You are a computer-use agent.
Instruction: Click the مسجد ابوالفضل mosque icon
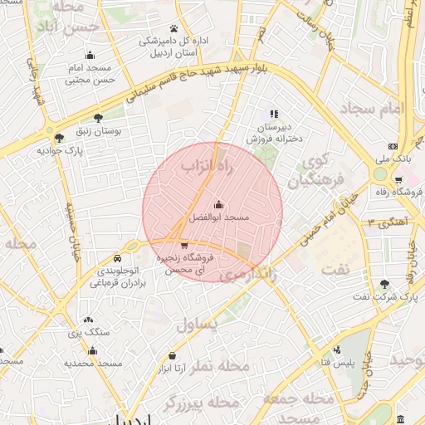(x=219, y=204)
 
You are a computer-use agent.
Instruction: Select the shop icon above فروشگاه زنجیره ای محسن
(x=183, y=245)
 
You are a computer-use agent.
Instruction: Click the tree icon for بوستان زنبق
(x=99, y=118)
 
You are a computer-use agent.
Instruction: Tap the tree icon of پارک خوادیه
(x=58, y=138)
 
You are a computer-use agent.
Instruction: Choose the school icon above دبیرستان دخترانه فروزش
(x=275, y=114)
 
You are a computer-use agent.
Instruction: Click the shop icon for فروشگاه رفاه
(x=400, y=180)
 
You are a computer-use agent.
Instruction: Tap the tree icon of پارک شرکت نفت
(x=384, y=283)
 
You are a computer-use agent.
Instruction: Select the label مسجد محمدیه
(x=94, y=364)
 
